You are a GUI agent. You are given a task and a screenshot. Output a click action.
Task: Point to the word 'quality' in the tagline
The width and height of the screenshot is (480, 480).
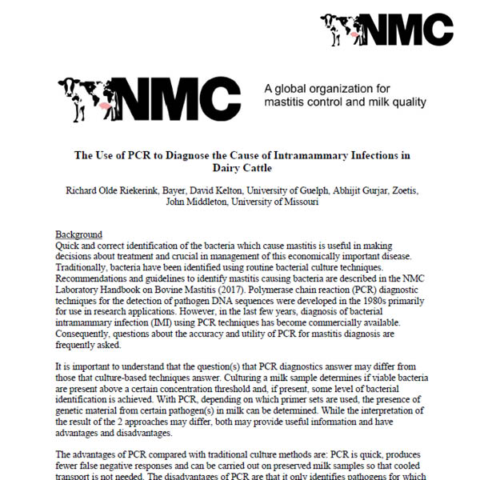pyautogui.click(x=408, y=102)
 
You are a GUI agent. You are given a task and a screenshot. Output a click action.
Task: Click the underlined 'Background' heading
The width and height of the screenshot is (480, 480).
pyautogui.click(x=78, y=234)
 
